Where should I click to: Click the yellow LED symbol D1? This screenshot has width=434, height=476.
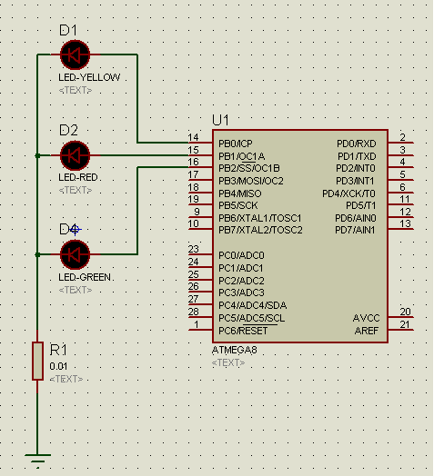[76, 55]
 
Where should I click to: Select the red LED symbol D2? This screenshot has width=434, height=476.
[76, 155]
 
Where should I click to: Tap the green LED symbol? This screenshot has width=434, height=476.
[76, 254]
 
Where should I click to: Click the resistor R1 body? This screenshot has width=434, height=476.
[37, 361]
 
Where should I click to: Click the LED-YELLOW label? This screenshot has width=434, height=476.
[89, 77]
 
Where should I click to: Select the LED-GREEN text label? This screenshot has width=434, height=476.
[85, 277]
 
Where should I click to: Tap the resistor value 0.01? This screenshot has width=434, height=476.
[58, 366]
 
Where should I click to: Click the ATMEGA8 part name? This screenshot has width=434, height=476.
[234, 350]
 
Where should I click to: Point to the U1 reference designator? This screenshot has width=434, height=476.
[220, 120]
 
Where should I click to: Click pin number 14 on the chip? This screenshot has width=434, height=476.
[193, 137]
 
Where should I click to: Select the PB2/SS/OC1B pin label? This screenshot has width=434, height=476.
[249, 168]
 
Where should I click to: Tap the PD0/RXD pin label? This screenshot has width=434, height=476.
[357, 144]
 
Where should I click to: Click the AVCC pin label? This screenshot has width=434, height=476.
[366, 318]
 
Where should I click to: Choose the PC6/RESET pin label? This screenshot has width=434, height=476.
[243, 331]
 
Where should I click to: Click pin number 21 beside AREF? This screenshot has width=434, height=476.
[405, 324]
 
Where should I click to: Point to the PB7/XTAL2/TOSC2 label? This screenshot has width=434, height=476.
[260, 230]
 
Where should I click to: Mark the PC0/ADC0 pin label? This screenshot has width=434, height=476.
[241, 255]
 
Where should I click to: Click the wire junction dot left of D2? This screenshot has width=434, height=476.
[37, 155]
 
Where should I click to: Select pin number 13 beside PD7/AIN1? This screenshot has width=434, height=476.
[406, 223]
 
